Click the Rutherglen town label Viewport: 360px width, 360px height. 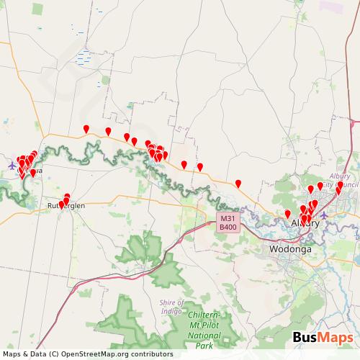pos(66,206)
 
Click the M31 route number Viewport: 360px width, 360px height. pos(228,219)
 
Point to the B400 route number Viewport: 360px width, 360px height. pos(228,228)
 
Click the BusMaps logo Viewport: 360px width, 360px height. pos(323,338)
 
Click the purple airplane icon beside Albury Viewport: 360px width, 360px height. pos(324,215)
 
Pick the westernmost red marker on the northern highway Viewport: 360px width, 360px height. pos(86,128)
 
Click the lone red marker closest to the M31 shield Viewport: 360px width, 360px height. pos(238,183)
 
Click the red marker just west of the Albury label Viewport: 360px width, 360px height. pos(287,213)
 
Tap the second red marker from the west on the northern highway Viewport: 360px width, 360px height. pos(108,131)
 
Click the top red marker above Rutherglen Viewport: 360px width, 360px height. pos(67,197)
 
